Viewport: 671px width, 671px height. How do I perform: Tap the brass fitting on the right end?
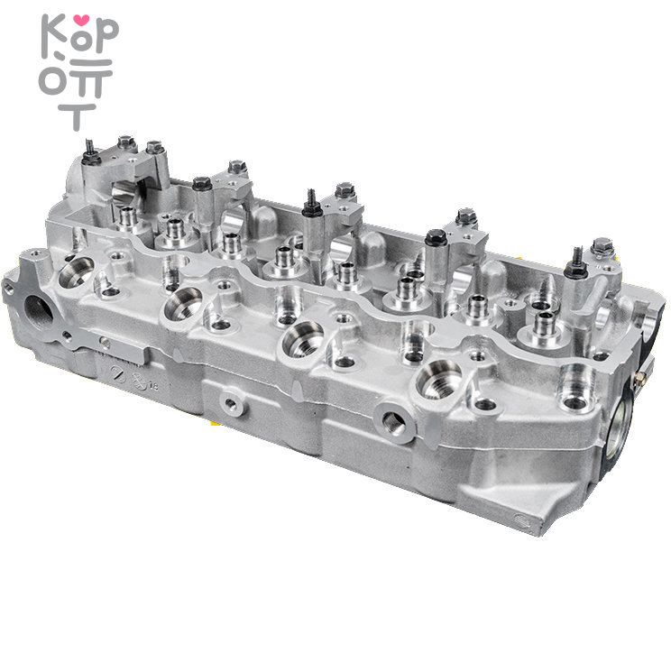(638, 380)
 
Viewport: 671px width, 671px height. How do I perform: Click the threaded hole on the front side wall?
(394, 418)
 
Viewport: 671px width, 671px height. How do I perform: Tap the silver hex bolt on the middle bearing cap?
(344, 191)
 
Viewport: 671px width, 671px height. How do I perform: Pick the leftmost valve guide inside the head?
(128, 216)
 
